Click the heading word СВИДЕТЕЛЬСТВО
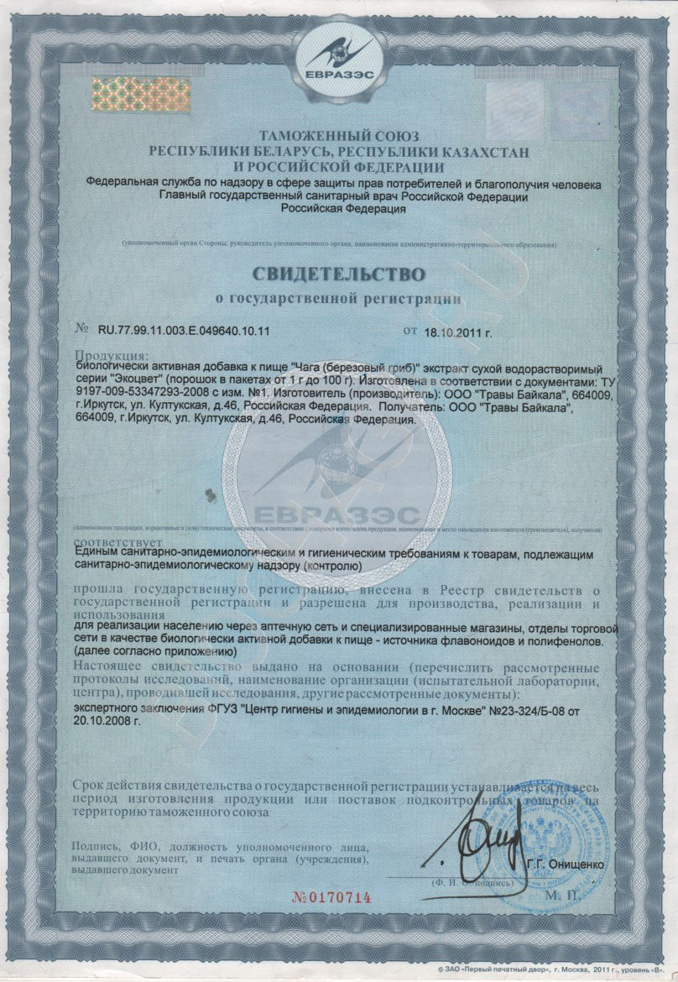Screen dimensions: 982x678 pos(340,274)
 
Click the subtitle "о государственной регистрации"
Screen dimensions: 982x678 pos(338,298)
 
